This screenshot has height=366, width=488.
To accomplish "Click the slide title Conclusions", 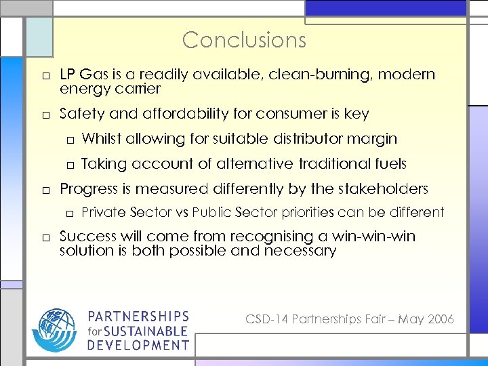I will click(x=244, y=40).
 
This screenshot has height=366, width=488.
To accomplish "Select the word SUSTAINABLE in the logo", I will click(x=147, y=331).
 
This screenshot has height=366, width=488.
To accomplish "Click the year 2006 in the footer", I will click(x=441, y=319).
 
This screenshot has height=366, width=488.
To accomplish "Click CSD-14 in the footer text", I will click(x=266, y=319).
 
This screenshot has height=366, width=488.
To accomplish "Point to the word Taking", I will click(x=104, y=164).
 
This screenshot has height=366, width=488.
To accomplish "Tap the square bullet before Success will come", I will click(x=43, y=238).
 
